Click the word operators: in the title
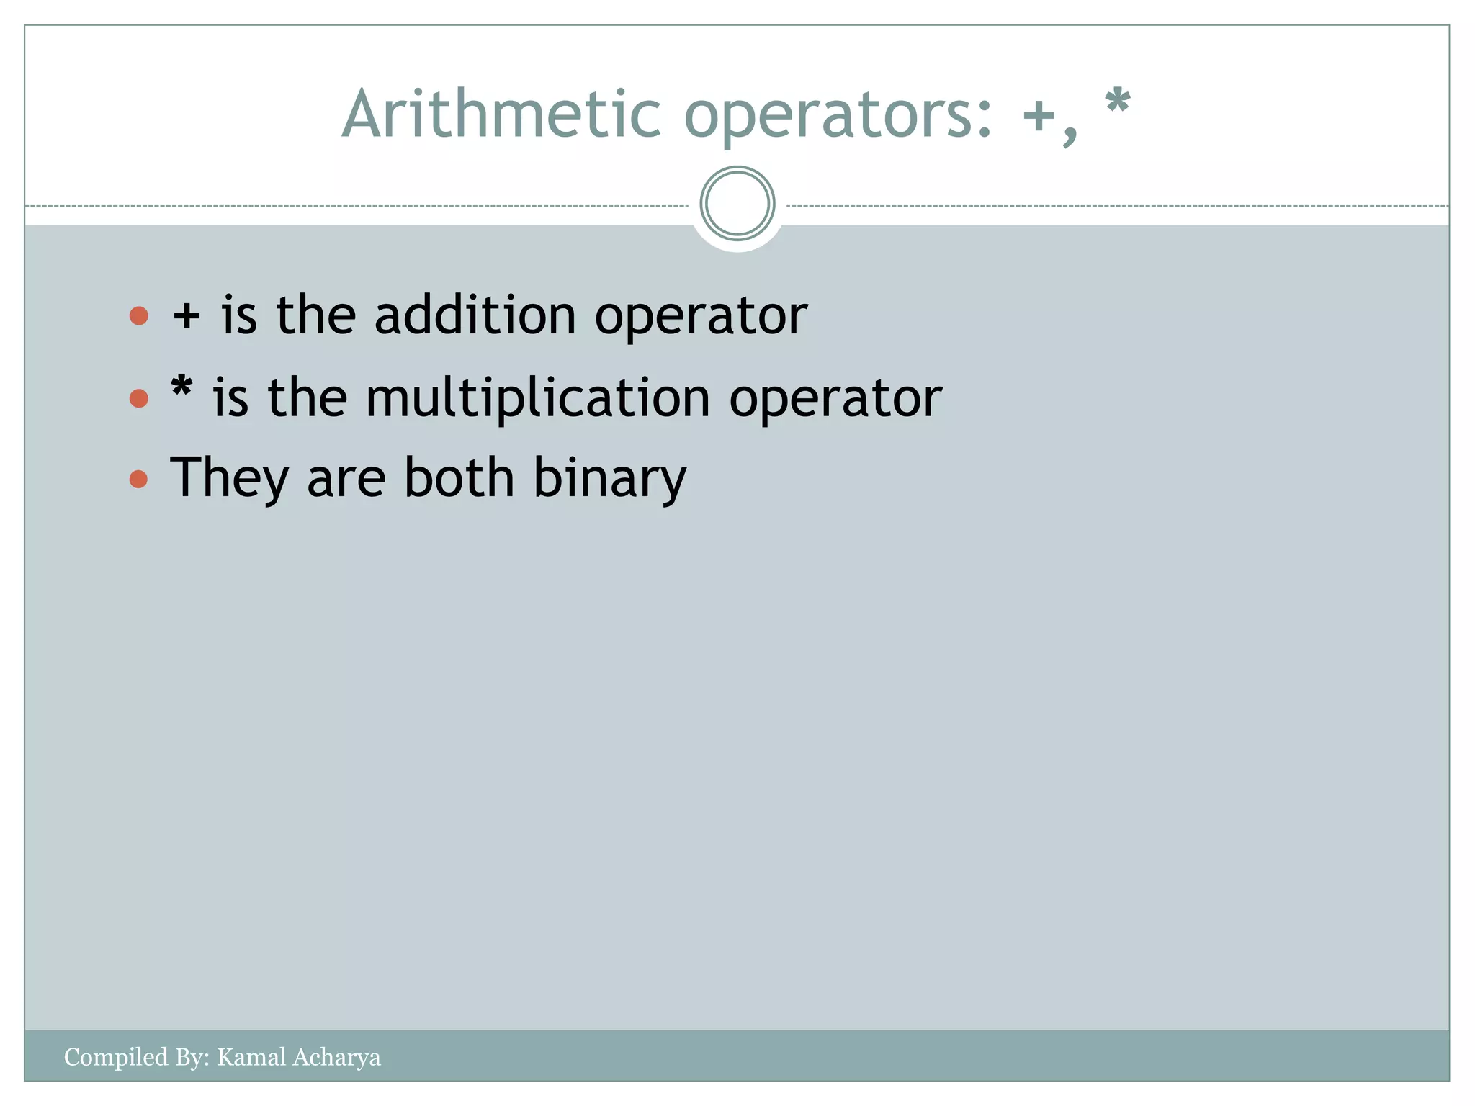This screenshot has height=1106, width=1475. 839,115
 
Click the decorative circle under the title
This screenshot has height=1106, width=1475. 737,204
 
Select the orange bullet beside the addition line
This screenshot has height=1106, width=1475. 139,315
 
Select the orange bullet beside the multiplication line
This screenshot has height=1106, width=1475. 139,398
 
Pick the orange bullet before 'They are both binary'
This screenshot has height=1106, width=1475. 139,479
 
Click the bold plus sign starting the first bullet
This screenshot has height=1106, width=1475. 187,317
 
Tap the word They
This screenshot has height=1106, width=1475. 230,478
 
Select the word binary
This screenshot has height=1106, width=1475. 609,479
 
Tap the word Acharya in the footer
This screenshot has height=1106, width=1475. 336,1058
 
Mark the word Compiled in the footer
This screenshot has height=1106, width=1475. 115,1058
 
